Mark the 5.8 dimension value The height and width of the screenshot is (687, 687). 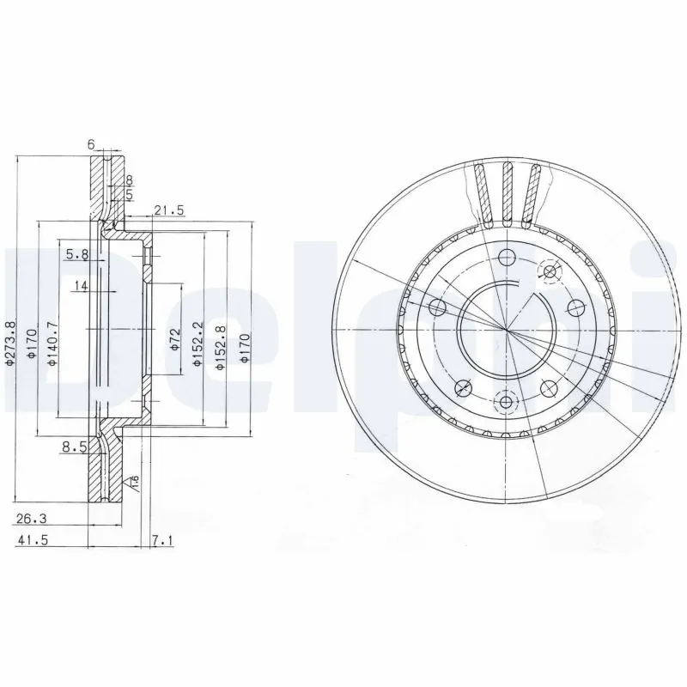[76, 254]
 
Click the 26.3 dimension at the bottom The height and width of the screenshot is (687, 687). [33, 518]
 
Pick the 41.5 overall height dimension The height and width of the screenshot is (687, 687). [33, 540]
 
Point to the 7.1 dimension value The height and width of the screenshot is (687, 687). [162, 540]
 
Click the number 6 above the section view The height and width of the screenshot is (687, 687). [91, 145]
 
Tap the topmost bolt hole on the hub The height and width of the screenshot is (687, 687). [507, 257]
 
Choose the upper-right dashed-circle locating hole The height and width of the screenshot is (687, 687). [547, 272]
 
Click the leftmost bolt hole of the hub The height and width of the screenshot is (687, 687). [438, 307]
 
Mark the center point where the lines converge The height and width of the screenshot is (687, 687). [507, 330]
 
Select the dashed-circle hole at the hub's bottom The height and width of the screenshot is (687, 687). [507, 400]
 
